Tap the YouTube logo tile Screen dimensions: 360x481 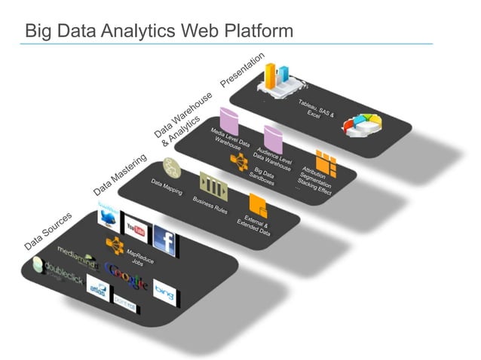(136, 228)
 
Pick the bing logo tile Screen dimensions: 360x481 (164, 289)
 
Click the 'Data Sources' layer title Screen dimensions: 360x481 (47, 230)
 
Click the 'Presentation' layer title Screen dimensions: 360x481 (242, 69)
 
